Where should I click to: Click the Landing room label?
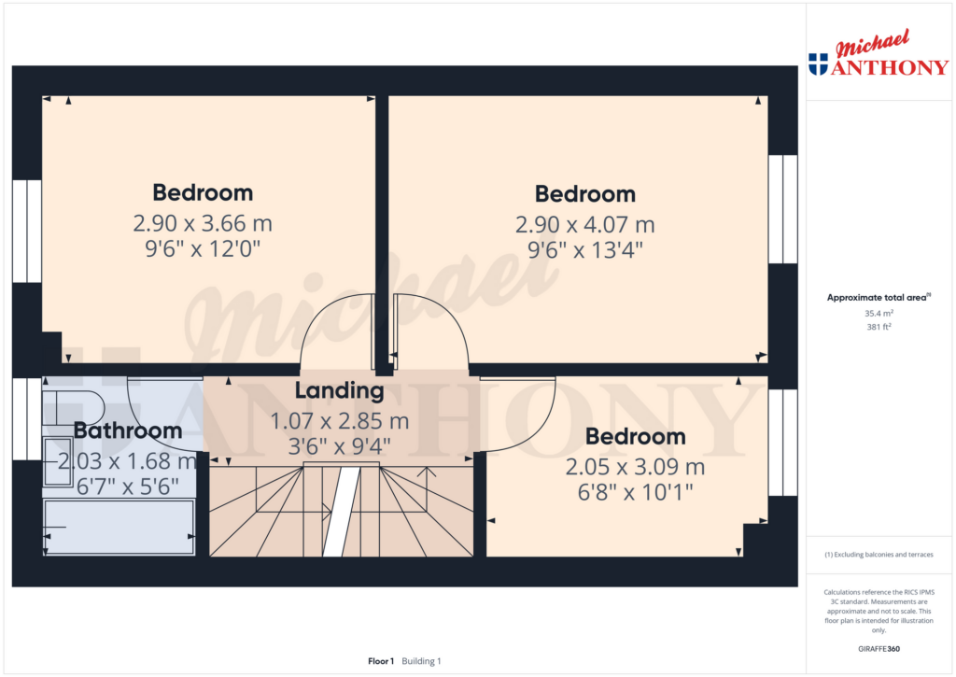[x=339, y=391]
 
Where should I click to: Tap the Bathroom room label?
[x=127, y=430]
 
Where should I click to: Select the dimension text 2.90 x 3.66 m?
[x=203, y=223]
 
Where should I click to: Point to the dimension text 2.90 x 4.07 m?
[x=584, y=224]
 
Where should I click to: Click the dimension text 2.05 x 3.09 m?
[x=635, y=467]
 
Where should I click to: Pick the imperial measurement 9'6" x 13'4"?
[x=584, y=249]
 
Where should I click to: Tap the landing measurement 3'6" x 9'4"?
[x=339, y=445]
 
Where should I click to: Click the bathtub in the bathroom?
[x=119, y=527]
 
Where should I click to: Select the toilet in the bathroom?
[x=72, y=408]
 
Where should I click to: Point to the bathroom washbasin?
[x=58, y=461]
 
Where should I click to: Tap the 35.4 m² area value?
[x=879, y=314]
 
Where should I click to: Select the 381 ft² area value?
[x=879, y=327]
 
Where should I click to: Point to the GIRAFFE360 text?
[x=879, y=649]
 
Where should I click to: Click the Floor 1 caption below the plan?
[x=381, y=661]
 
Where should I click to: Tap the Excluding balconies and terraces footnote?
[x=879, y=555]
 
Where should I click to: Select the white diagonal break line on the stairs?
[x=341, y=512]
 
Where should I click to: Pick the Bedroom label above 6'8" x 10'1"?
[x=635, y=437]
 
